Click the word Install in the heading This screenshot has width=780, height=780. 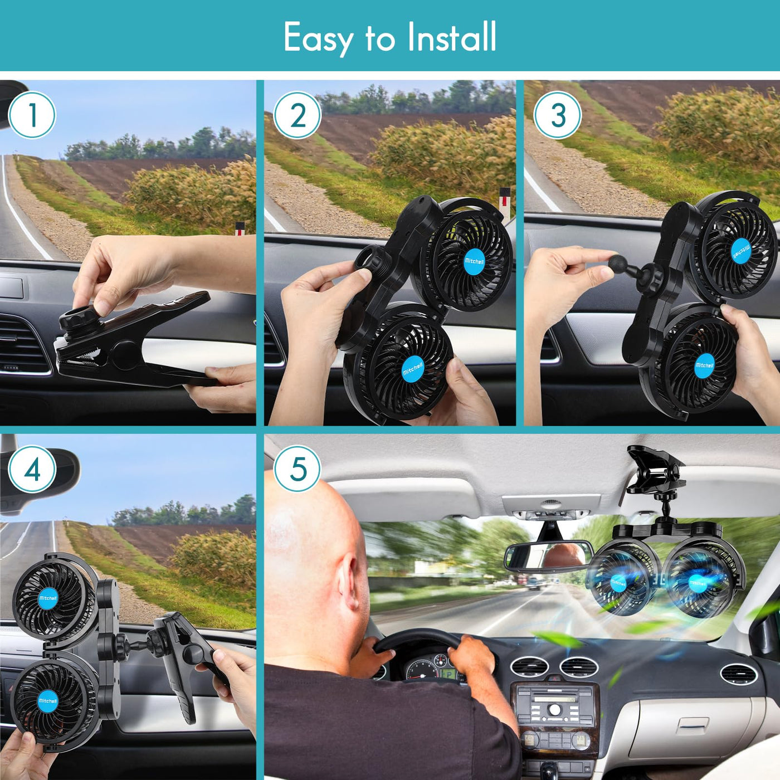[x=452, y=37]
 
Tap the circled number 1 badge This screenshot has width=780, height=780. [x=32, y=115]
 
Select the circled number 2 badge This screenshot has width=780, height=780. [x=298, y=115]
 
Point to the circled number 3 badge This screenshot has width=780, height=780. [x=558, y=115]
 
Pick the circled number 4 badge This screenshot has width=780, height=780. [x=32, y=470]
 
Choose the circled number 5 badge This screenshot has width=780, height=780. [x=298, y=470]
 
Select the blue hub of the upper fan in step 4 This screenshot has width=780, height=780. [x=48, y=598]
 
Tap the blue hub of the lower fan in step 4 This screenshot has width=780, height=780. [x=47, y=700]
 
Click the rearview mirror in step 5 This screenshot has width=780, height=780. [x=548, y=557]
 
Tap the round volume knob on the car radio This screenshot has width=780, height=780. [x=554, y=709]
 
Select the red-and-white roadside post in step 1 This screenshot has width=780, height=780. [x=240, y=229]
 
